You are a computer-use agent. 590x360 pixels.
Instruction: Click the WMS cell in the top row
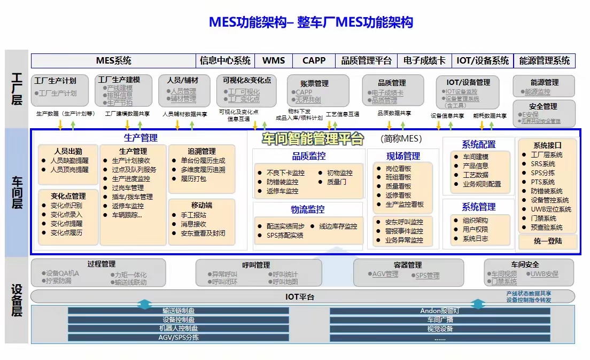pyautogui.click(x=274, y=61)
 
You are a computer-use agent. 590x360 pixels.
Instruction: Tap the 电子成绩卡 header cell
pyautogui.click(x=424, y=61)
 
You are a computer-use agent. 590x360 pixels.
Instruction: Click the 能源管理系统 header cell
pyautogui.click(x=544, y=61)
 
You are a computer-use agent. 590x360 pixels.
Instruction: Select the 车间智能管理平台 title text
pyautogui.click(x=313, y=139)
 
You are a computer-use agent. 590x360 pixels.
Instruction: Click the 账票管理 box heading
pyautogui.click(x=314, y=84)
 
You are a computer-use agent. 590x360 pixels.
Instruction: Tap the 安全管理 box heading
pyautogui.click(x=543, y=107)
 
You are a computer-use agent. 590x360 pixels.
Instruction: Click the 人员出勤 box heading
pyautogui.click(x=68, y=151)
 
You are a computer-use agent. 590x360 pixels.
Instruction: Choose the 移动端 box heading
pyautogui.click(x=201, y=205)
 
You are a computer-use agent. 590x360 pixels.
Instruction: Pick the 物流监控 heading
pyautogui.click(x=308, y=209)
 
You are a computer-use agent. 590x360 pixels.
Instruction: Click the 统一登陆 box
pyautogui.click(x=548, y=241)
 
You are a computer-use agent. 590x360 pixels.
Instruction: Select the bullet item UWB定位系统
pyautogui.click(x=551, y=209)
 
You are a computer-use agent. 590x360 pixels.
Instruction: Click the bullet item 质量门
pyautogui.click(x=337, y=182)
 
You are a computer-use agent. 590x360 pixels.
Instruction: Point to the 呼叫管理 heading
pyautogui.click(x=256, y=265)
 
